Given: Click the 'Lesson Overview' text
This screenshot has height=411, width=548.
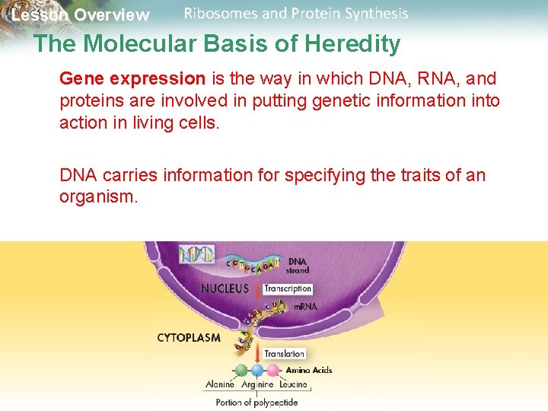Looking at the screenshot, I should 81,15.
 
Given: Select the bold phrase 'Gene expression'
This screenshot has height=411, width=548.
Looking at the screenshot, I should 132,78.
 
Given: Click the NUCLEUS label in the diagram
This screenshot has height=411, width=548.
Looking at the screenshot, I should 225,288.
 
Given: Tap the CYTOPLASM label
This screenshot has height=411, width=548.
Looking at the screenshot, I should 190,336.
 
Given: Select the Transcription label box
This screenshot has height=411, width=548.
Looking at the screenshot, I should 288,288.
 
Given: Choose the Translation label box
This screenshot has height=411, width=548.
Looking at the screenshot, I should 285,353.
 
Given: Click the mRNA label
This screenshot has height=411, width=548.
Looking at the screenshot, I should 305,307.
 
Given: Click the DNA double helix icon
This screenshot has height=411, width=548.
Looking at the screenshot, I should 196,254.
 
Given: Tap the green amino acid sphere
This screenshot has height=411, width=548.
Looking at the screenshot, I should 241,371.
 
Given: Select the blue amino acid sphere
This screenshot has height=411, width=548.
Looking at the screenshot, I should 257,371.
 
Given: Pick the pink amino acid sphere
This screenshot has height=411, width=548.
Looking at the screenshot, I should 272,371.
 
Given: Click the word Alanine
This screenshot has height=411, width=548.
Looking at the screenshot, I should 221,385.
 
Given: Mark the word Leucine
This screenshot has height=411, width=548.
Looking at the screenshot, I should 293,385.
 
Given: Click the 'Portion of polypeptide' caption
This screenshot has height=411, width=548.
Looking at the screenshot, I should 256,403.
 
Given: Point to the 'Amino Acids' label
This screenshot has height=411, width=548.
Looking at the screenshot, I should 309,370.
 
